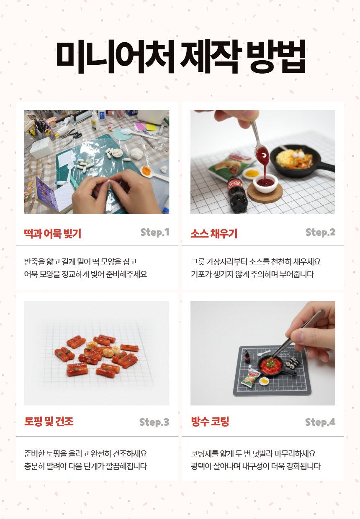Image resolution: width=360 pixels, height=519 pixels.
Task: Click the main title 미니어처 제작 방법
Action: [180, 58]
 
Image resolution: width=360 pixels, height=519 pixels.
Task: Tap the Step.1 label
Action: [154, 233]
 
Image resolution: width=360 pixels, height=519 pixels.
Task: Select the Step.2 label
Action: [320, 233]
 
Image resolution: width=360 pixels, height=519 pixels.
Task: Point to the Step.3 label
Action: [154, 422]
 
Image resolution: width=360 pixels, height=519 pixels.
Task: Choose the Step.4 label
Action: [320, 422]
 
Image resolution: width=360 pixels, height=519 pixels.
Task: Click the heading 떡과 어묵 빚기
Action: [53, 234]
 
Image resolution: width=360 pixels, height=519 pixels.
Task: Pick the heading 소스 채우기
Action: [214, 234]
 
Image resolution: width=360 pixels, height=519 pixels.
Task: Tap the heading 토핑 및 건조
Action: [49, 422]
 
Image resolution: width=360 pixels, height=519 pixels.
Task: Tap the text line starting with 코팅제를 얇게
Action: [253, 453]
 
